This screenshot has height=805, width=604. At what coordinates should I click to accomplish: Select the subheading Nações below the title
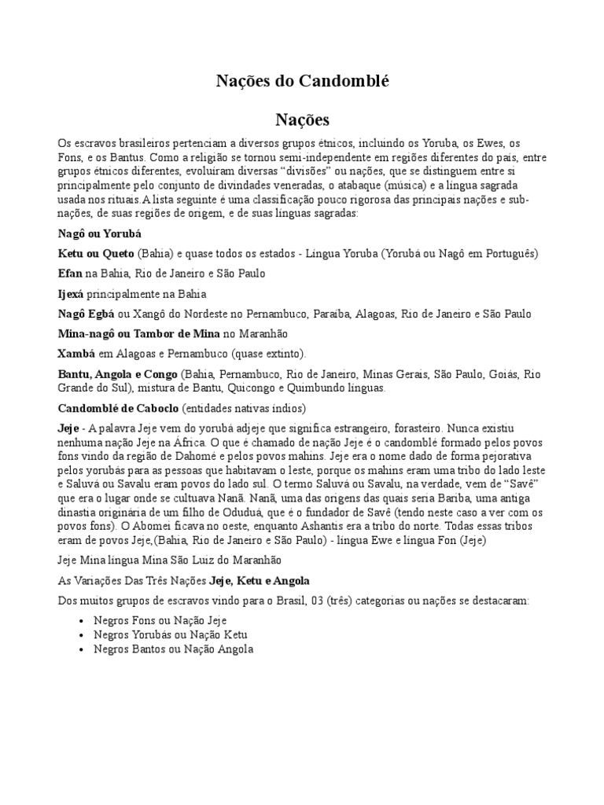click(302, 119)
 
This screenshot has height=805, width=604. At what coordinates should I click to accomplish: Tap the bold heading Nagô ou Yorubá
click(99, 233)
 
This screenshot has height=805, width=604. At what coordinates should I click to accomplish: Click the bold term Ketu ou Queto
click(96, 254)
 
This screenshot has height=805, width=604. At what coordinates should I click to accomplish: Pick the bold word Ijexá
click(74, 294)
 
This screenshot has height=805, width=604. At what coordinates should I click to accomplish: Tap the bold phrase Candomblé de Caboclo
click(119, 409)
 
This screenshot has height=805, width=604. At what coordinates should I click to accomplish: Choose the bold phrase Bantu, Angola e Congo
click(118, 374)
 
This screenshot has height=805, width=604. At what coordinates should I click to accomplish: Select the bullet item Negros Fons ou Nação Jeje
click(149, 620)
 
